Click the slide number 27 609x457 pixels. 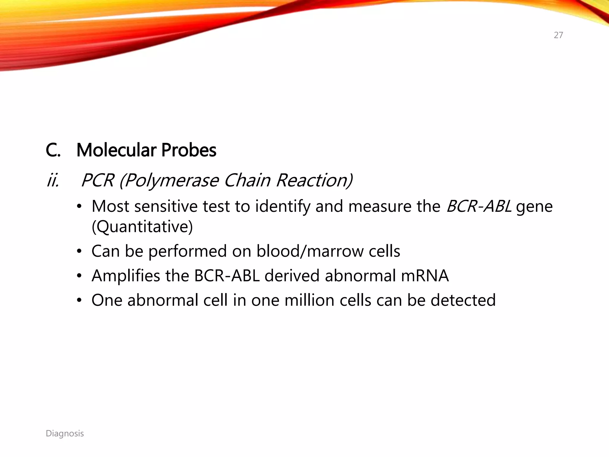[558, 35]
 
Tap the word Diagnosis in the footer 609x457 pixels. [65, 433]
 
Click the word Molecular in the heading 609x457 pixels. [116, 150]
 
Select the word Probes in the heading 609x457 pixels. [189, 150]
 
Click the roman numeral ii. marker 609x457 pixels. [53, 181]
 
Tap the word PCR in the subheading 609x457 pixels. [98, 181]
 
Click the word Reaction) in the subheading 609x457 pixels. [314, 181]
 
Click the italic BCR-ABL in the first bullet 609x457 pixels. [479, 206]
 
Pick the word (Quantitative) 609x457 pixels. [142, 227]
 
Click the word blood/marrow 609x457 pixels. [310, 251]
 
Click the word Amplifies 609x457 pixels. [126, 276]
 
